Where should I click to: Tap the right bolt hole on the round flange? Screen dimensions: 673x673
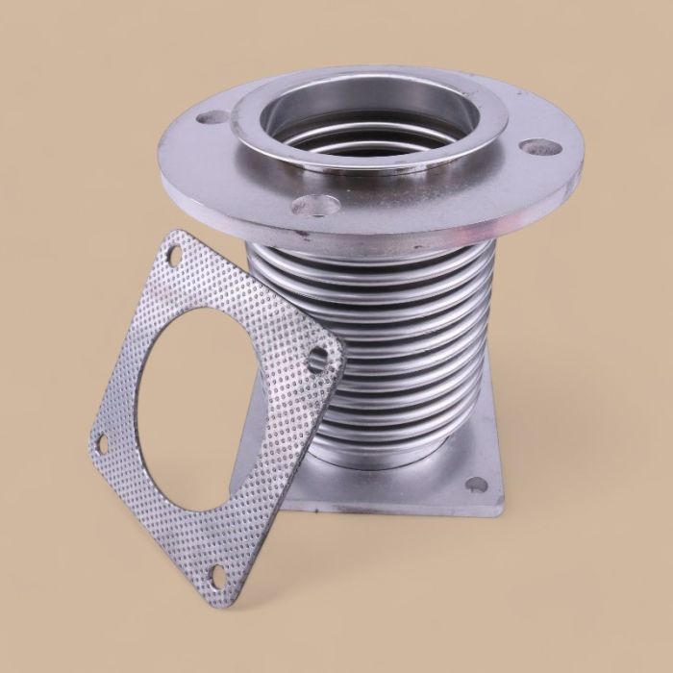pos(541,148)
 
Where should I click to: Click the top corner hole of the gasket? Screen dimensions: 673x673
pos(175,255)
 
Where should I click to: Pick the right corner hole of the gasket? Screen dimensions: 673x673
pos(320,360)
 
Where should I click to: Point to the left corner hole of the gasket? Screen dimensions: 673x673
pos(101,442)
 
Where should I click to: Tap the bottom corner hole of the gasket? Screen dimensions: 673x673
pos(219,574)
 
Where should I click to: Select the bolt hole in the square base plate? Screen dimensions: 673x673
pos(476,485)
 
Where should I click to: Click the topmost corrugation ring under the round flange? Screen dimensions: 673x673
pos(375,252)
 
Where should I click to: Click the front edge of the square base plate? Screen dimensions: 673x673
pos(385,510)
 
